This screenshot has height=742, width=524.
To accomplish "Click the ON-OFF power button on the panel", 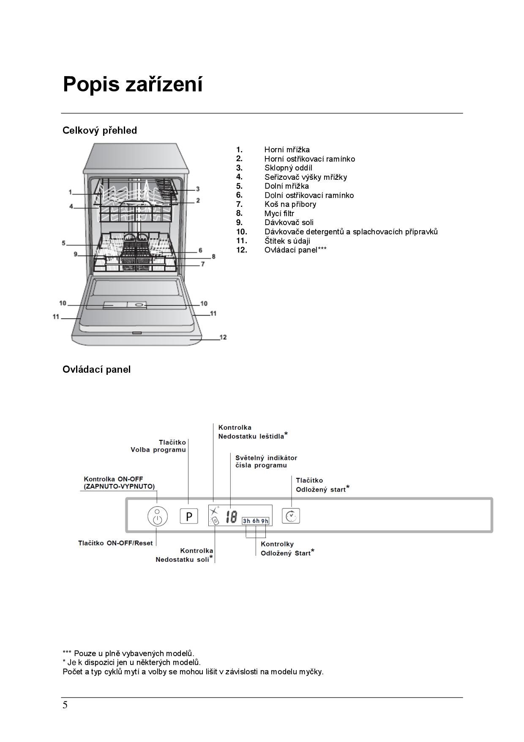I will (x=157, y=517).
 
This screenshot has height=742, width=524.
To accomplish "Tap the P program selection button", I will (x=189, y=516).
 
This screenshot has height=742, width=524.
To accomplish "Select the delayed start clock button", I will (x=291, y=516).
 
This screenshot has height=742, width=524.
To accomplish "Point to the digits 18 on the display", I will (x=231, y=517).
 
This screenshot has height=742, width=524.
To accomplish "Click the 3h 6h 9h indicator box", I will (x=256, y=521).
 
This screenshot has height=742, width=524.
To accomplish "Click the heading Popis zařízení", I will (x=133, y=84).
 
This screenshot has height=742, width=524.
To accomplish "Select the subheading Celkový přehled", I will (x=100, y=130).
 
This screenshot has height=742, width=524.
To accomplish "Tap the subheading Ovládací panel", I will (x=97, y=369).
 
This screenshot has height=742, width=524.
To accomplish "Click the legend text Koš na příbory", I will (x=290, y=204).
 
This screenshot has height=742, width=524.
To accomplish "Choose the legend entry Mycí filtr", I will (x=279, y=213).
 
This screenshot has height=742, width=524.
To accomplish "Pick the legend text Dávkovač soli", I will (x=289, y=223).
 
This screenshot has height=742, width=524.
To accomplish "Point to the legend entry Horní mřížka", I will (x=287, y=150).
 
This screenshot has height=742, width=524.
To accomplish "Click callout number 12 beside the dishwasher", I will (x=223, y=337).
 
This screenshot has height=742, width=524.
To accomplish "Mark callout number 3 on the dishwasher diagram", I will (x=197, y=189).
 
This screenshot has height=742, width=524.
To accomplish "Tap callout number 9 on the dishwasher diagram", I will (x=76, y=254).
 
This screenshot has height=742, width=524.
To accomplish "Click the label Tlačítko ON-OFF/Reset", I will (x=115, y=543).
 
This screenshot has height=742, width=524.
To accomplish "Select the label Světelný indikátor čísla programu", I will (x=266, y=462).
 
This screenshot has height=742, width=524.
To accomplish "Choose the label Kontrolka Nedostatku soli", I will (x=184, y=555).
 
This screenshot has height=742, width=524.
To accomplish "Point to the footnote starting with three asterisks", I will (x=128, y=654).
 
